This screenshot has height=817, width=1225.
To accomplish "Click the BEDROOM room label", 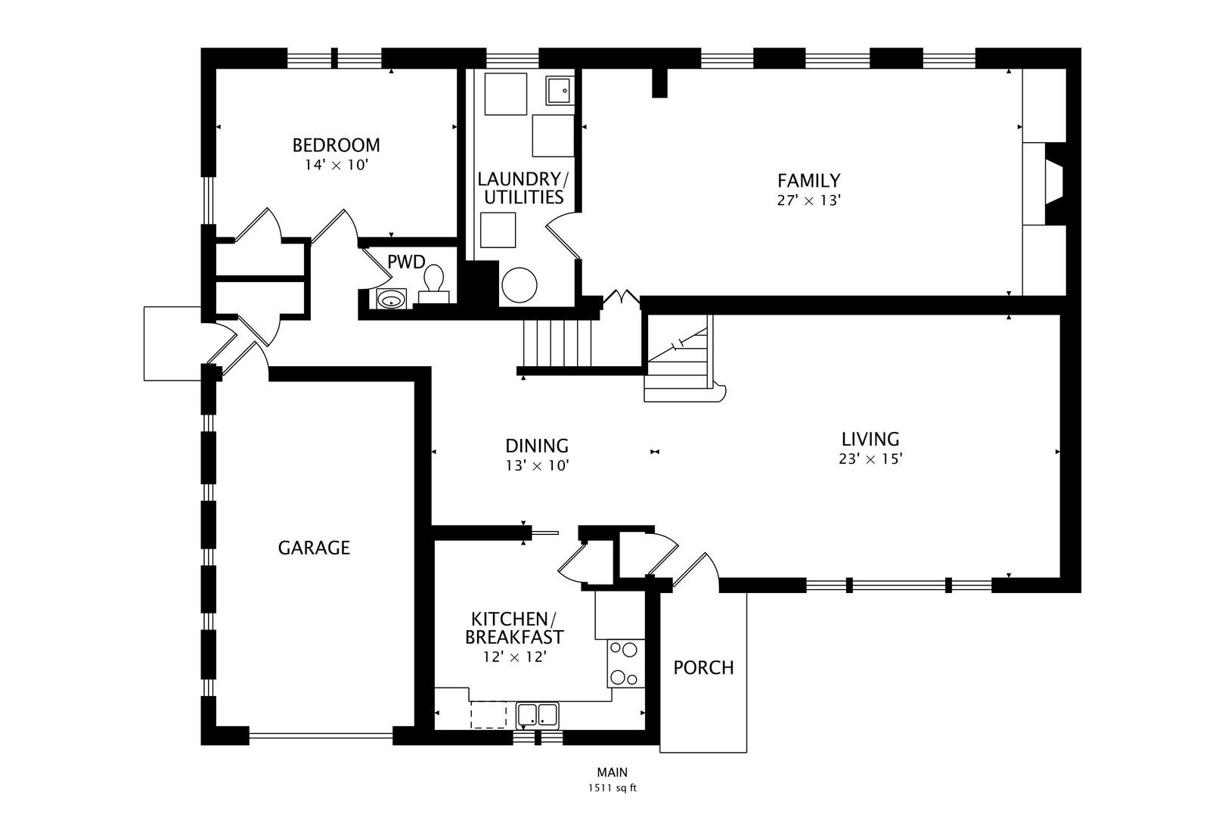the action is (x=336, y=145).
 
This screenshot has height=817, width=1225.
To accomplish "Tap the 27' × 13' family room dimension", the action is (x=808, y=200).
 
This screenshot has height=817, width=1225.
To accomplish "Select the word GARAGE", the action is (x=314, y=548).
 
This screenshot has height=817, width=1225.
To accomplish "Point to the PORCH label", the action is (x=703, y=668).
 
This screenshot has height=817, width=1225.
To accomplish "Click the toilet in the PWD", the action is (x=434, y=284).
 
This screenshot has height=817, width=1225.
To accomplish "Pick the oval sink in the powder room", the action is (x=391, y=300).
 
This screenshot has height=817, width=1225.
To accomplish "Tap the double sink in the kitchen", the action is (x=538, y=715).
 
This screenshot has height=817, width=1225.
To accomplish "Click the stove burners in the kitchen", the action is (x=625, y=663).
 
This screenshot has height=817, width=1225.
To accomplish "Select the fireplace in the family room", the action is (x=1054, y=183).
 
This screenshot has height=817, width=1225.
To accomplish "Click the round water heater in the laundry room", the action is (x=519, y=285).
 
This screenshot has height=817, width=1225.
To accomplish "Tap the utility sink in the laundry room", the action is (x=560, y=91).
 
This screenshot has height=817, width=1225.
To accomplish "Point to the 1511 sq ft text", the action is (x=612, y=788).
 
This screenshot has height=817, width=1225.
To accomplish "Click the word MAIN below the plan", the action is (x=612, y=772).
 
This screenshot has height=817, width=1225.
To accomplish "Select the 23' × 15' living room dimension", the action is (x=870, y=458).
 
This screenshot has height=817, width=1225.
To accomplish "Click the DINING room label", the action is (x=536, y=446).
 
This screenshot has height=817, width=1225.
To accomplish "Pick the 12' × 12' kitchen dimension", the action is (x=515, y=657).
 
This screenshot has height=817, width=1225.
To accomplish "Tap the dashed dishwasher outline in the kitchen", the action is (x=488, y=715).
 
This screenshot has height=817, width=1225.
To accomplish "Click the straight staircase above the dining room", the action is (x=557, y=343).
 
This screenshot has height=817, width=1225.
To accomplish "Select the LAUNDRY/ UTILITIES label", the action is (x=523, y=188).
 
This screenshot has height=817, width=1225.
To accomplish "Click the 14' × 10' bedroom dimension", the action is (x=336, y=165).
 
